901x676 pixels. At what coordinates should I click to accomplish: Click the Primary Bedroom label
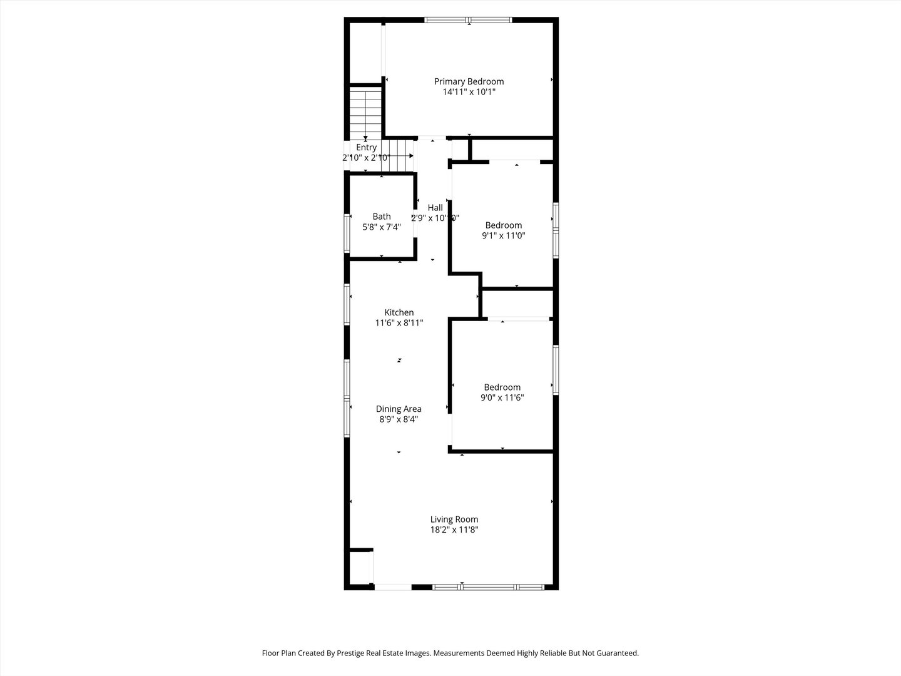point(469,81)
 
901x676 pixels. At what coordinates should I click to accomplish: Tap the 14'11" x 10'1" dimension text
point(469,92)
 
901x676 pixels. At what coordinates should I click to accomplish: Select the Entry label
point(366,148)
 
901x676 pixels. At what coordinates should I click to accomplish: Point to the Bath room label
point(381,217)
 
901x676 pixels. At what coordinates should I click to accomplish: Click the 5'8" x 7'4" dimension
point(381,227)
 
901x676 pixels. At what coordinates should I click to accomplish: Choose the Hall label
point(435,208)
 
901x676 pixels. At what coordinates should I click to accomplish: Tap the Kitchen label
point(399,312)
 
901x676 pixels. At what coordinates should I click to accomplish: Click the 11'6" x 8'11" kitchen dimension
point(399,323)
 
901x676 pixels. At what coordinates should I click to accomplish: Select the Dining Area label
point(399,409)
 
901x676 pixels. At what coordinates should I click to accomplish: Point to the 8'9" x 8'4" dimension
point(399,419)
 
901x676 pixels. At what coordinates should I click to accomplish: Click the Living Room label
point(454,520)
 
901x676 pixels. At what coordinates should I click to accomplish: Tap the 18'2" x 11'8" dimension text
point(454,530)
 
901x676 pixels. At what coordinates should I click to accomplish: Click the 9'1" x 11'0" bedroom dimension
point(503,235)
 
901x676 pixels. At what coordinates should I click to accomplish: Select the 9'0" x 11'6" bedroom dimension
point(502,397)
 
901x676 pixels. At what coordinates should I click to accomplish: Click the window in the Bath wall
point(347,233)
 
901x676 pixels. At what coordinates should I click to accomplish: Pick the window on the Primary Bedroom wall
point(469,19)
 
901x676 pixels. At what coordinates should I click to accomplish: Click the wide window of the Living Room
point(489,587)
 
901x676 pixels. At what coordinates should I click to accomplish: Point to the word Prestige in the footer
point(350,653)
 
